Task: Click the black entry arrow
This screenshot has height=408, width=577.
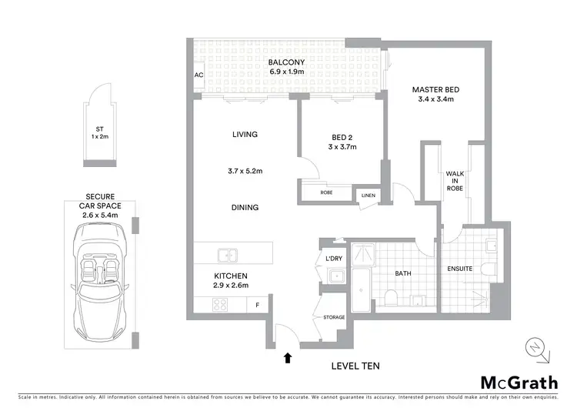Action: pos(288,357)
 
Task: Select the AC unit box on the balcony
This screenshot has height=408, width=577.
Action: pos(198,75)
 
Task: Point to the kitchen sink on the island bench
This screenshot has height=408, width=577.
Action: pos(228,254)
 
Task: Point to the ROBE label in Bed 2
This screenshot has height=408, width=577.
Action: pos(326,192)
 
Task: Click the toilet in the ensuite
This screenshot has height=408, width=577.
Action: pos(491,269)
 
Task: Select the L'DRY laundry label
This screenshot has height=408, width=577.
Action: pos(334,258)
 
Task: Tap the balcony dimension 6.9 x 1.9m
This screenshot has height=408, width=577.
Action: pos(287,72)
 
